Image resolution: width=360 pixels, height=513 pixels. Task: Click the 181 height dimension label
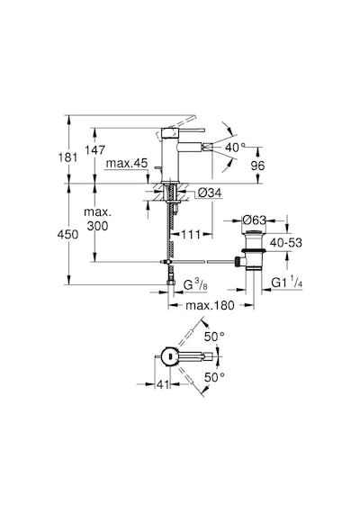point(67,157)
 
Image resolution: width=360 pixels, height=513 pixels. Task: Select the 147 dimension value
point(94,150)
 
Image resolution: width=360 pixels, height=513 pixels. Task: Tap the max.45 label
point(127,163)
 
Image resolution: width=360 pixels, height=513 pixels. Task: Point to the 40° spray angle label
point(235,148)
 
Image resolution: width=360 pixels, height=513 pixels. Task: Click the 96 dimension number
point(257,166)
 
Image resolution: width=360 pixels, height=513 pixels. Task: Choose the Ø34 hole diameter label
point(210,193)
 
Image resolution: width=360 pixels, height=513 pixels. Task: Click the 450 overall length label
point(67,234)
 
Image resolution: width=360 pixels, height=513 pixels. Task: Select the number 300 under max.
point(97,226)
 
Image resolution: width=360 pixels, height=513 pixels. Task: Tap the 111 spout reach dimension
point(191,234)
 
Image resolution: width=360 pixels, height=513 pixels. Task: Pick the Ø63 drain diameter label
point(255,220)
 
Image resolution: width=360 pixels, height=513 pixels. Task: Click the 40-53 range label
point(285,243)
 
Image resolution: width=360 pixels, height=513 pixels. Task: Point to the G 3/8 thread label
point(195,285)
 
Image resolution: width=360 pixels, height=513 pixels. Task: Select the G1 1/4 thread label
point(287,283)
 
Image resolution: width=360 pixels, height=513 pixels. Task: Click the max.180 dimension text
point(210,306)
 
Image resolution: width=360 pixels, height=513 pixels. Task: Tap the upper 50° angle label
point(214,337)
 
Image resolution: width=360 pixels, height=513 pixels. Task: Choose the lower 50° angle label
point(214,377)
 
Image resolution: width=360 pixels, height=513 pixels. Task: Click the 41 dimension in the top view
point(163,384)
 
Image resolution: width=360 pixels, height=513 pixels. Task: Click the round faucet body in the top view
point(169,356)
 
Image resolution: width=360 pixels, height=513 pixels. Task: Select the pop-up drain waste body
point(254,251)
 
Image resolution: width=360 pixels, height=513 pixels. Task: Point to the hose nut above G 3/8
point(171,282)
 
